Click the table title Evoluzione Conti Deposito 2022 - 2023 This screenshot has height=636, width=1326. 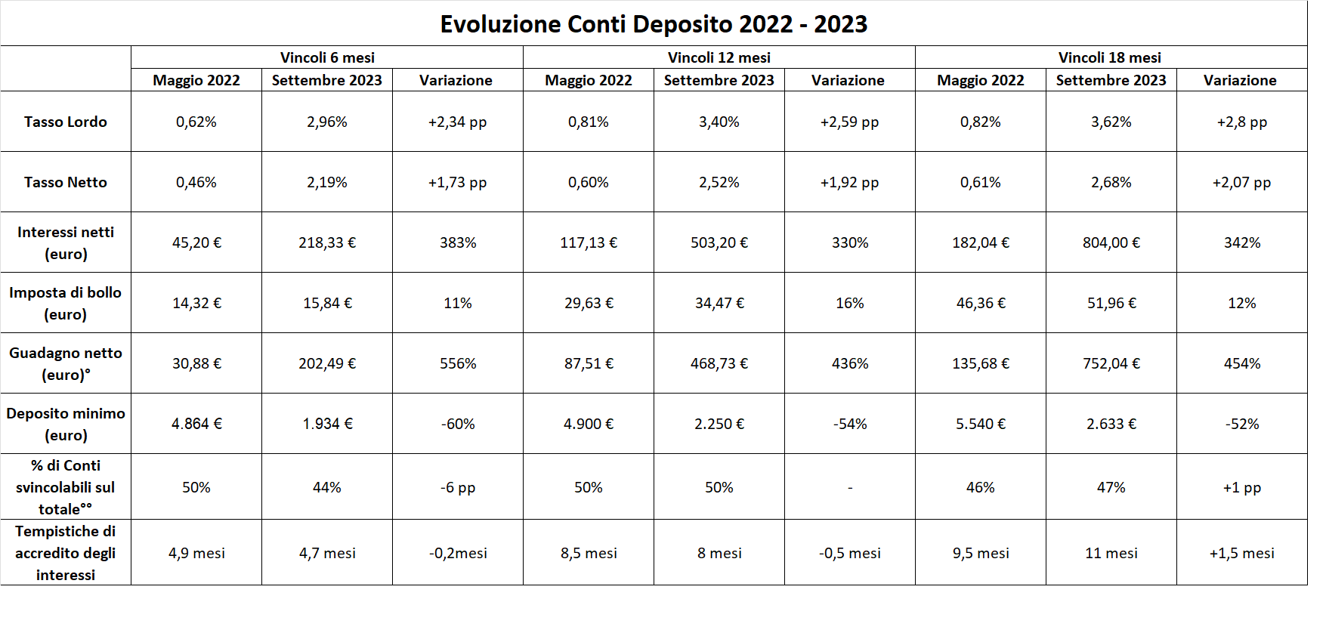(654, 24)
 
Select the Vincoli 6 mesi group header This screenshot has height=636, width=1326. (327, 57)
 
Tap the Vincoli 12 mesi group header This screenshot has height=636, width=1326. (719, 57)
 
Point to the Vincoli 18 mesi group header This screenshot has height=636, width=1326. (1109, 57)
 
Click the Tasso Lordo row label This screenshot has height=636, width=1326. (66, 122)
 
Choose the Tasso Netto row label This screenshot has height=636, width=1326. (66, 182)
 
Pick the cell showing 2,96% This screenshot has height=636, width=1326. (327, 122)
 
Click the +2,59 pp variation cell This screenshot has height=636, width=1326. (849, 122)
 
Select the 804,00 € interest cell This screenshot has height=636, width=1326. (1111, 242)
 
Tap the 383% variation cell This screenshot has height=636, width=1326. (458, 242)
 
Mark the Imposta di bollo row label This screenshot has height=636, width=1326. (66, 303)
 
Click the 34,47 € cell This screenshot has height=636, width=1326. (719, 303)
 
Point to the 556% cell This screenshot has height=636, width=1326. (458, 363)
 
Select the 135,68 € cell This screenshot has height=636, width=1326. (981, 363)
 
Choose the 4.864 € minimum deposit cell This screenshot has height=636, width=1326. (196, 424)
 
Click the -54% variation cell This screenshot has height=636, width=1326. (850, 424)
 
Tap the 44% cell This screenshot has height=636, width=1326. (327, 487)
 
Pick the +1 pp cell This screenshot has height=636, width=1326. (1241, 487)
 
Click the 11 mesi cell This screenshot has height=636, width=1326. (1111, 553)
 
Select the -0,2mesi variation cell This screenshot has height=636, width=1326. (458, 553)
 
